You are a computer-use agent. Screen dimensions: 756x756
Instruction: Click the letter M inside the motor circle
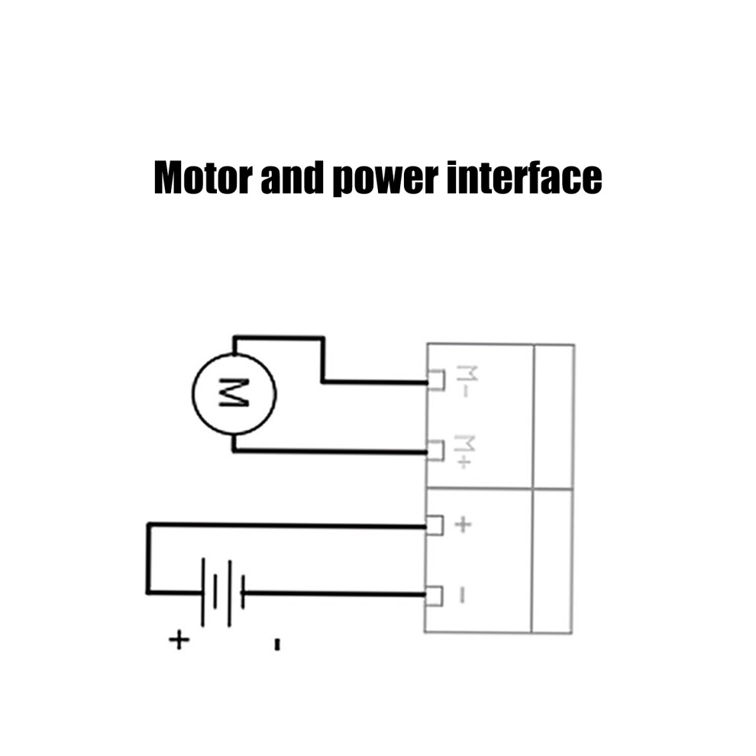tap(234, 393)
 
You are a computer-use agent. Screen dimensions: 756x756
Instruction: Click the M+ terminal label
tap(464, 451)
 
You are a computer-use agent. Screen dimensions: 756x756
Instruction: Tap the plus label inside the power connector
tap(463, 524)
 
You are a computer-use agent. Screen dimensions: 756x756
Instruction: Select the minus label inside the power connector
tap(462, 594)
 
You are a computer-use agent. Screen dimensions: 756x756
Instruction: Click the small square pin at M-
tap(436, 380)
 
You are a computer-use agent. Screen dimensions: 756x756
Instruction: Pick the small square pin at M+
tap(435, 451)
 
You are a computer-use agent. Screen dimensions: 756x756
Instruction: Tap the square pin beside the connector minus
tap(434, 596)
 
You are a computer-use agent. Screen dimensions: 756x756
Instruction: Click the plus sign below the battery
tap(179, 640)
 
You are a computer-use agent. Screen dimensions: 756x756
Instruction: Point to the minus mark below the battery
tap(276, 645)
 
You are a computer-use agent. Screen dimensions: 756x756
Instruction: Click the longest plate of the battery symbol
tap(203, 592)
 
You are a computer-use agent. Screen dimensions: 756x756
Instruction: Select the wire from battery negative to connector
tap(334, 593)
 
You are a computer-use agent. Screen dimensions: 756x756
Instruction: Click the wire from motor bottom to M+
tap(330, 451)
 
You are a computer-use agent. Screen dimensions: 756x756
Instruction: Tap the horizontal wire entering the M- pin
tap(375, 382)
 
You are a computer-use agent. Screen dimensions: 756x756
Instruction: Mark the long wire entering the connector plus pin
tap(286, 525)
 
